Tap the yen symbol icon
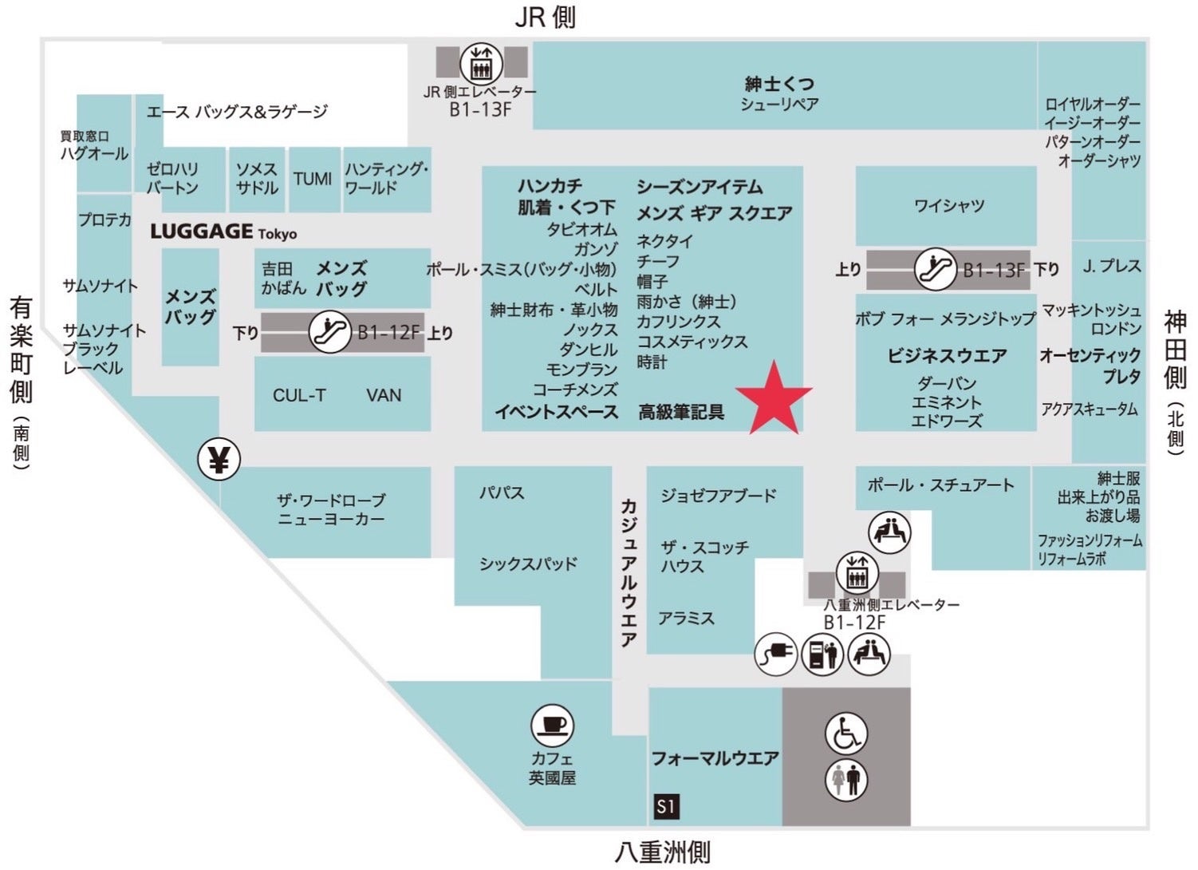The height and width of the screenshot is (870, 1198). pos(219,459)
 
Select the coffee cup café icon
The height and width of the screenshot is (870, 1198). pos(552,726)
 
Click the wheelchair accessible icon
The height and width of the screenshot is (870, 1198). pos(845,734)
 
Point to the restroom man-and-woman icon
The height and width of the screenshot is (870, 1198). pos(845,780)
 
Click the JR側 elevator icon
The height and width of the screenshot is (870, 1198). pos(481,62)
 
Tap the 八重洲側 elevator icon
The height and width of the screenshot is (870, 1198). pos(857,573)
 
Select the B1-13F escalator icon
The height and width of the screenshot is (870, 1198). pos(935,269)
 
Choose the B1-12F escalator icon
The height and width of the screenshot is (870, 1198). pos(330,332)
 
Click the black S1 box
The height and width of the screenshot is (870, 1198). pos(666,806)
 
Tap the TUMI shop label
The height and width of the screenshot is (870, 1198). pos(313,179)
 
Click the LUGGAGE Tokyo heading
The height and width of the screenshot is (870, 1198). pos(223,232)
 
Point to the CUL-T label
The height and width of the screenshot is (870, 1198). pos(299,395)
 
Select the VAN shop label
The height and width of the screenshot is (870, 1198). pos(384,395)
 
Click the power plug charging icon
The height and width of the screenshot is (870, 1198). pos(776,654)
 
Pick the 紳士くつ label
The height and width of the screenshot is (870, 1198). pos(779,83)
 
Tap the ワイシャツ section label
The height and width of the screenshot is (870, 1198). pos(949,206)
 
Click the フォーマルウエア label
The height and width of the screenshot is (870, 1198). pos(715,758)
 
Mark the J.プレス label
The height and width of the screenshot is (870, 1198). pos(1112,266)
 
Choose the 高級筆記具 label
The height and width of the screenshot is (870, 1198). pos(681,412)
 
